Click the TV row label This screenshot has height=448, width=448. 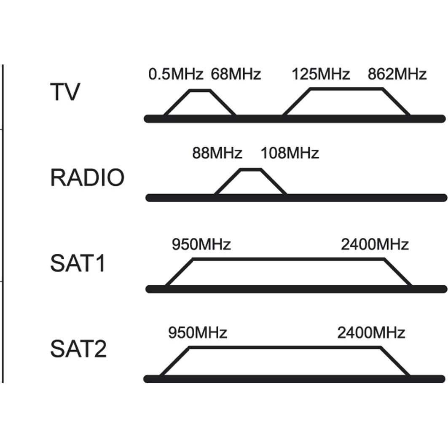[64, 92]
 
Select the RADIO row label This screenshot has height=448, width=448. [87, 178]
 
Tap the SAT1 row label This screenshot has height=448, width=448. [78, 263]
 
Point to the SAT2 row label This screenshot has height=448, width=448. [78, 349]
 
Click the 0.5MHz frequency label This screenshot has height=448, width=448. [176, 75]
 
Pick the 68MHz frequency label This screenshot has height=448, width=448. [236, 75]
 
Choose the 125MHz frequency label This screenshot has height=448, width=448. [321, 75]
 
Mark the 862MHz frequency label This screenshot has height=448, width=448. [397, 75]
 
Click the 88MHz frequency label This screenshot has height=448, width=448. [217, 153]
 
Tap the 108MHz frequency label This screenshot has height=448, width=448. [290, 153]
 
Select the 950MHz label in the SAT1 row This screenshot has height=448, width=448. [201, 244]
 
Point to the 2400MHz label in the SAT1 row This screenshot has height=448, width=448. [375, 244]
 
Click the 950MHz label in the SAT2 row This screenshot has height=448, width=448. [198, 333]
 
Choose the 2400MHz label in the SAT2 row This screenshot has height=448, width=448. [371, 333]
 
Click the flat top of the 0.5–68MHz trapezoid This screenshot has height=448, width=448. [200, 90]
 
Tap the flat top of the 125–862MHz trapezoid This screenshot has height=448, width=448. [346, 89]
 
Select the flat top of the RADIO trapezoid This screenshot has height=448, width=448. [251, 169]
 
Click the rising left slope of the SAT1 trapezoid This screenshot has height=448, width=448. [179, 273]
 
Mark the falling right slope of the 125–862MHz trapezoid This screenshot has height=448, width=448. [396, 102]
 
